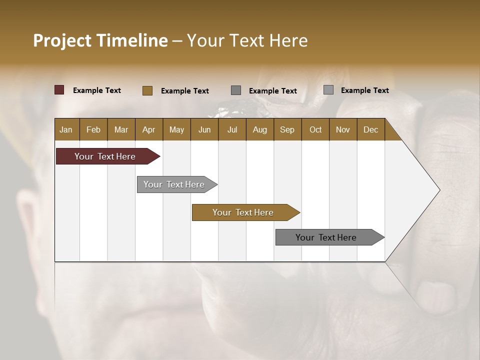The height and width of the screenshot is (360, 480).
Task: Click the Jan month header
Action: [66, 129]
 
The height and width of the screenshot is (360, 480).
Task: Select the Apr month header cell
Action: [149, 129]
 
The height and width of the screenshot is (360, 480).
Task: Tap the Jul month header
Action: [232, 129]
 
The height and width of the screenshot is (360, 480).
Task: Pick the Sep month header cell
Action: [287, 129]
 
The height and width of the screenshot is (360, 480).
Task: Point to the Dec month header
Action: [370, 129]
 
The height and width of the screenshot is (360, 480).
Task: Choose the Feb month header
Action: [93, 129]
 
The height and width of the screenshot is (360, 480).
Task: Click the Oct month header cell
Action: [315, 129]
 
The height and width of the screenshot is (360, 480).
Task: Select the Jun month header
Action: [204, 129]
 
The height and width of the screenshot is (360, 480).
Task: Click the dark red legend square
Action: [59, 90]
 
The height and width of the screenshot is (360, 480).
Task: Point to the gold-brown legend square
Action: [147, 90]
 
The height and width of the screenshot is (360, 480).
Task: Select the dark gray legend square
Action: [236, 90]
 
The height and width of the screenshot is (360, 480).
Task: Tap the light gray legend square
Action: [328, 90]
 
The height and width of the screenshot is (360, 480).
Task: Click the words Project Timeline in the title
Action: [100, 40]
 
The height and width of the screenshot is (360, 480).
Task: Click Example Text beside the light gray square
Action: [364, 90]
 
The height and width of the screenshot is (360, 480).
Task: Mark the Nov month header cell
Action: [343, 129]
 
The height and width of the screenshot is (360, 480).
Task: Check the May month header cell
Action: [176, 129]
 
